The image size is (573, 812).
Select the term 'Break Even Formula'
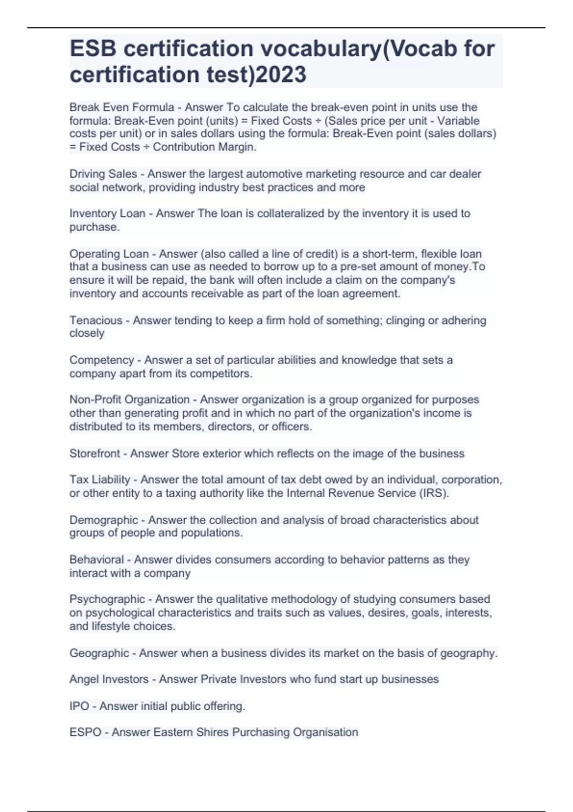point(122,107)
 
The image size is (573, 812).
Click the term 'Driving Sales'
point(103,174)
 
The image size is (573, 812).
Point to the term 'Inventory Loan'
point(107,214)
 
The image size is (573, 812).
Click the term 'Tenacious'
point(95,321)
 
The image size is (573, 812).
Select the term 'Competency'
point(102,360)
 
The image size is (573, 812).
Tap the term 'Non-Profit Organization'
point(129,400)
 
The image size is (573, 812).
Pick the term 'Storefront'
point(95,453)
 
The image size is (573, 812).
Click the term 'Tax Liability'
point(100,480)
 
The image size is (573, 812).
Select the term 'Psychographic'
point(107,599)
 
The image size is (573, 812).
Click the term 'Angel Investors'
point(109,679)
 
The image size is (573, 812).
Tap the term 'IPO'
point(79,706)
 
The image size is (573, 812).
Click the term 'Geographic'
point(99,653)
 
